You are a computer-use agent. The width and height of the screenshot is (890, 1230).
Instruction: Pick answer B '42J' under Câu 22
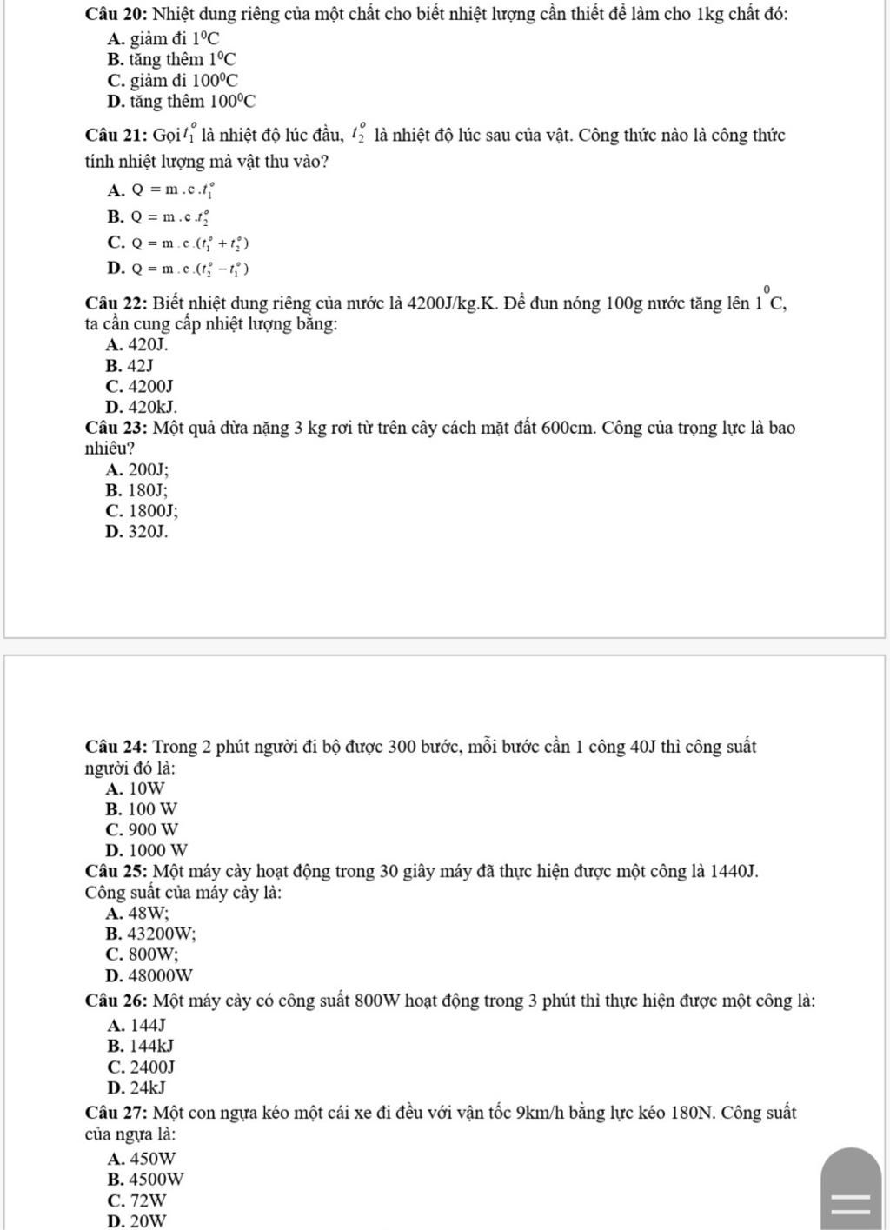(x=129, y=365)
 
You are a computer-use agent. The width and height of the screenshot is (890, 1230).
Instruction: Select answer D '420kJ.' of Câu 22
(x=141, y=407)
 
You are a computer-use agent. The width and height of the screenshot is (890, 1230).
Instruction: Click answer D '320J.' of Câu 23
(x=136, y=531)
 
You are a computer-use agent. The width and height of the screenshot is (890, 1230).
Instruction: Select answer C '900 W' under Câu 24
(x=142, y=829)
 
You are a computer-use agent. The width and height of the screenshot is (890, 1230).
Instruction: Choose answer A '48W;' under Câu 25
(x=136, y=914)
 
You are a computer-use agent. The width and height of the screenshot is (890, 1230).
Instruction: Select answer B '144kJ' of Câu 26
(x=140, y=1046)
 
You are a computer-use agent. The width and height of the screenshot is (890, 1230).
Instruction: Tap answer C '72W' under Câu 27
(x=136, y=1200)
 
